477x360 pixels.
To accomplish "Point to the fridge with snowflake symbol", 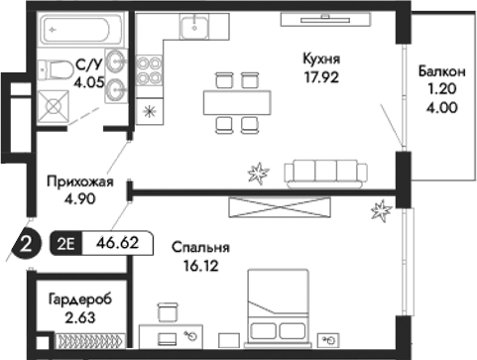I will [150, 110].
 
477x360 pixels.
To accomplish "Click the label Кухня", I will [322, 59].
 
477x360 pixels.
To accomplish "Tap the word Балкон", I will [438, 72].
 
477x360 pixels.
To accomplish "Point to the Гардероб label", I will [76, 300].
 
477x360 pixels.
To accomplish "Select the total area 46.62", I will [116, 240].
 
